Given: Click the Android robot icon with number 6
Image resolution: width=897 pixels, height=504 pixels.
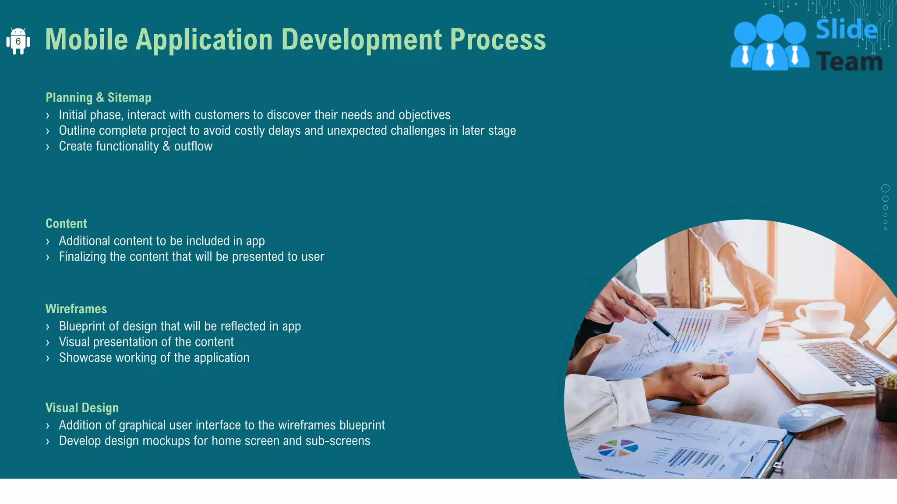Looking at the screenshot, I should (18, 41).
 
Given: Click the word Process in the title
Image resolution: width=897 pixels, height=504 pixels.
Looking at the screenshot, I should (498, 40).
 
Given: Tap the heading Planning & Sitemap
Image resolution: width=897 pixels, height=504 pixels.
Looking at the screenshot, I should (99, 97).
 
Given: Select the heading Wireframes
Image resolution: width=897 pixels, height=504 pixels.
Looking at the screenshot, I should (76, 309).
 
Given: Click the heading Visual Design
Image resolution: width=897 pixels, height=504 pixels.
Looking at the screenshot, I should (82, 408).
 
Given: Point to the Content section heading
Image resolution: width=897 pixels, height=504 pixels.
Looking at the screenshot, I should (66, 224).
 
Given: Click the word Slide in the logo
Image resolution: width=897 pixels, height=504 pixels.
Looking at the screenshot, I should (846, 30).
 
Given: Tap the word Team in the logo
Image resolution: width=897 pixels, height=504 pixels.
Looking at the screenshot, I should (849, 62).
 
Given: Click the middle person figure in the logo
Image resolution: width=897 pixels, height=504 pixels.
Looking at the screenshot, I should (770, 44).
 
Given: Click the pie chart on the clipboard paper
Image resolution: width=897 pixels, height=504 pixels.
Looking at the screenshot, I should (618, 448).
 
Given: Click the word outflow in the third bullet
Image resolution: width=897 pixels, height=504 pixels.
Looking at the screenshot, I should (193, 146).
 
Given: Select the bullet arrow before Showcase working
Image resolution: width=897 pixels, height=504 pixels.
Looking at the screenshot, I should (48, 358).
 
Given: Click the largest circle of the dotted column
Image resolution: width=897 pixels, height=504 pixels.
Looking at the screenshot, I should (885, 189).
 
